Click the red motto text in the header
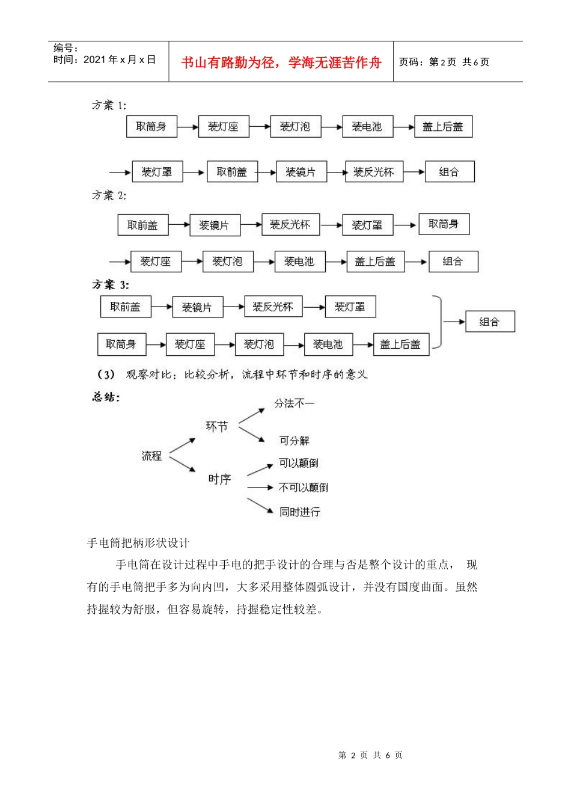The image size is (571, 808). click(x=281, y=63)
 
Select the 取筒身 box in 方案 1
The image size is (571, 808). click(x=151, y=127)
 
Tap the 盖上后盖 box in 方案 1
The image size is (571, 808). click(x=443, y=127)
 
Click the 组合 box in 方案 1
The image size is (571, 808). click(x=449, y=172)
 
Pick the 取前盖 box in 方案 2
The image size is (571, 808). click(x=142, y=225)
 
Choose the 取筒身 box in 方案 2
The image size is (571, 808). click(x=444, y=224)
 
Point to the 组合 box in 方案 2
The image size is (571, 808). click(x=453, y=262)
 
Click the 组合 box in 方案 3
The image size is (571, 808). click(x=489, y=322)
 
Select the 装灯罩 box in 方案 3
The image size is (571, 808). click(x=350, y=307)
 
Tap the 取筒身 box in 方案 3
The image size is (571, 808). click(x=121, y=344)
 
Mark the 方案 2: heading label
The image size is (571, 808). click(x=109, y=195)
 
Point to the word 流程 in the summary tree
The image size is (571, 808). click(x=151, y=456)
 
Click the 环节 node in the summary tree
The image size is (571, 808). click(x=217, y=426)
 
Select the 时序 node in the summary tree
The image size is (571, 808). click(x=219, y=479)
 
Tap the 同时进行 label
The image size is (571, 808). click(x=299, y=512)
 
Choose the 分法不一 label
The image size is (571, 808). click(x=294, y=403)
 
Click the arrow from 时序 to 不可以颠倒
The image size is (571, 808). click(x=260, y=488)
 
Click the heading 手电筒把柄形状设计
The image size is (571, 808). click(x=138, y=543)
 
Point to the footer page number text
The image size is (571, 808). click(x=370, y=755)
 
